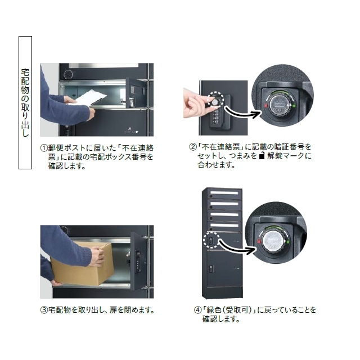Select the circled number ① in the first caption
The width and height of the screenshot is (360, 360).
44,148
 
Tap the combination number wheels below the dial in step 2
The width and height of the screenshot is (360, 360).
214,117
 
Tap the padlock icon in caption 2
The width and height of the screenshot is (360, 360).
261,156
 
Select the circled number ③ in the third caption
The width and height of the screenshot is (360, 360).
44,310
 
